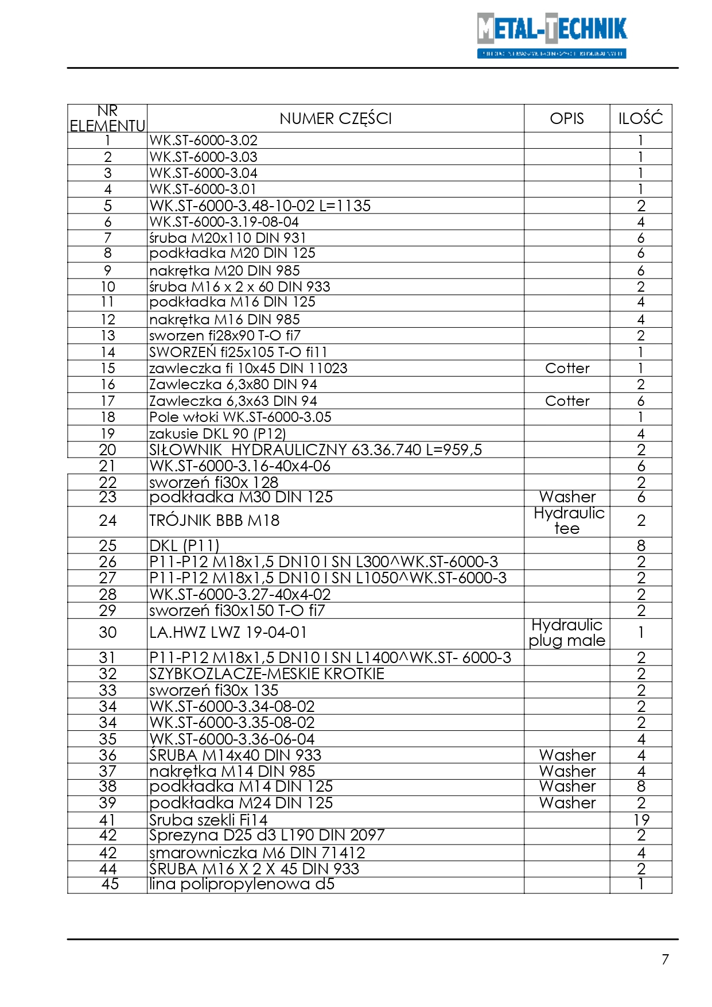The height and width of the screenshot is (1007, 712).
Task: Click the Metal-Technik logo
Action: point(551,35)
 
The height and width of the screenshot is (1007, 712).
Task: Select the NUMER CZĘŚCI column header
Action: point(336,119)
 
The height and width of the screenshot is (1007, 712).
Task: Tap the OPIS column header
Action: point(566,119)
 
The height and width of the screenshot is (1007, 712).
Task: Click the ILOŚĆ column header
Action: point(640,119)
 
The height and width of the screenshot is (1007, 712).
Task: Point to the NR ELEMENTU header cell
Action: point(107,118)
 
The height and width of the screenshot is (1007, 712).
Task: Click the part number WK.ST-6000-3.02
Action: point(204,141)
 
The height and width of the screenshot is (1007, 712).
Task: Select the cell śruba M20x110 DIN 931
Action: point(228,238)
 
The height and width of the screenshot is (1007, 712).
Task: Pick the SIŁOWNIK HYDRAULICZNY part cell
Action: point(316,450)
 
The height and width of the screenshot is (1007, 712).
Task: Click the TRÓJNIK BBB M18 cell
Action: point(215,521)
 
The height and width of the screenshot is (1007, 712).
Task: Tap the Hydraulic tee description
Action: point(568,521)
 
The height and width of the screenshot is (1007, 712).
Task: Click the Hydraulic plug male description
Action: point(567,633)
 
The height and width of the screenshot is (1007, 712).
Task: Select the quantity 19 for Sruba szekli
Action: point(641,820)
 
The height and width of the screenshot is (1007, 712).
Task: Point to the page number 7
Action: point(665,959)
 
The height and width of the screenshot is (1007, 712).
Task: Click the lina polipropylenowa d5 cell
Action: point(242,885)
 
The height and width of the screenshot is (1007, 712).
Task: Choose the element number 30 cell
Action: point(108,633)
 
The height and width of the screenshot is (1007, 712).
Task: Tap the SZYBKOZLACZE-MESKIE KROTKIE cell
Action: point(267,674)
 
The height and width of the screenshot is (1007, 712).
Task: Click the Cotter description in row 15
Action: point(567,369)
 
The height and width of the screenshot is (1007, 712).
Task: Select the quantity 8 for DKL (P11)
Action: point(641,546)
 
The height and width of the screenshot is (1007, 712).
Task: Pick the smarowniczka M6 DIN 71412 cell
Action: point(257,853)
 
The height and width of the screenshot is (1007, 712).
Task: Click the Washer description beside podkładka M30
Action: point(567,497)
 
